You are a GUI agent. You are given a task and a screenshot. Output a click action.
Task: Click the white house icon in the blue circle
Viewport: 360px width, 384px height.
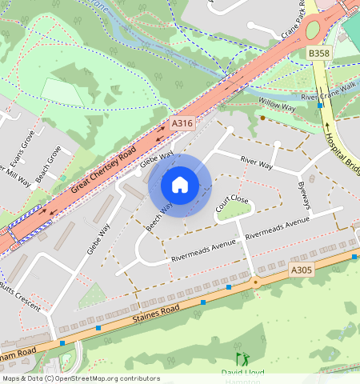[180, 185]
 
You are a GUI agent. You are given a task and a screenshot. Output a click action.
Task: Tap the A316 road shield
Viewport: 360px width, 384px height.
[182, 124]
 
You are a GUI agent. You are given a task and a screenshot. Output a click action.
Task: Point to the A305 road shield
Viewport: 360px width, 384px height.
[302, 271]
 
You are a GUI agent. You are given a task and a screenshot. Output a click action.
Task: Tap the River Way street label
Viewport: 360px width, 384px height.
[256, 163]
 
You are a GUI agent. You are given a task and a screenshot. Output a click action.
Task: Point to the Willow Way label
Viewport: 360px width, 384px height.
[277, 105]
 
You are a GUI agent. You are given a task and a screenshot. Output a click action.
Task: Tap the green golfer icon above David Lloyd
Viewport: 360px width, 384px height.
[241, 360]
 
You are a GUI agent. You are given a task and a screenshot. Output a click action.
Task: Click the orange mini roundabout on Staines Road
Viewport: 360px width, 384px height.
[256, 282]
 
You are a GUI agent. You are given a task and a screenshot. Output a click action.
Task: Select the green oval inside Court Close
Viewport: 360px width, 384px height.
[234, 211]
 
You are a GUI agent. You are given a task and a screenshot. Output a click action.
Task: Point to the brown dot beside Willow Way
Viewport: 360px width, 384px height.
[262, 118]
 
